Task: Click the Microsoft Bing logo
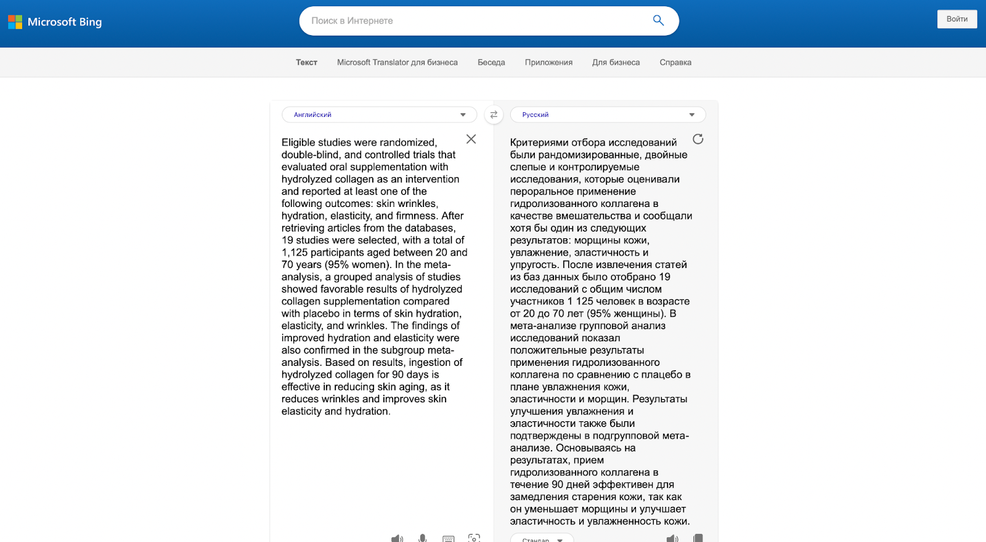point(55,22)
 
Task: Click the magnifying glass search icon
point(658,20)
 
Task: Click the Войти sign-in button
point(956,19)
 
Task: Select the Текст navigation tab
point(306,62)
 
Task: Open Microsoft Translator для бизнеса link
point(397,62)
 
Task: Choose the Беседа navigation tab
point(491,62)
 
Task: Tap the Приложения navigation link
point(548,62)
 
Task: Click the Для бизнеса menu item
point(616,62)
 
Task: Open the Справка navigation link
point(675,62)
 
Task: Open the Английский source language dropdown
point(379,115)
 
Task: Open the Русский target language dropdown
point(608,115)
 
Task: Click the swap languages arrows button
point(494,115)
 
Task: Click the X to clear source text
point(471,139)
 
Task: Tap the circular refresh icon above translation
point(698,139)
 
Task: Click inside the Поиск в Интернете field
point(475,21)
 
